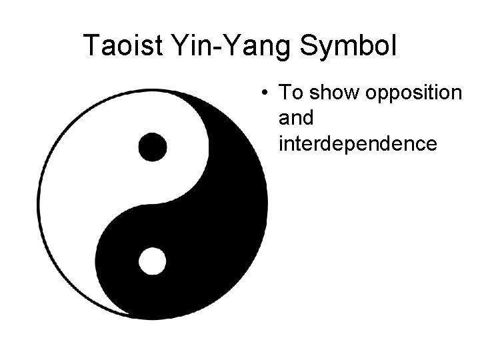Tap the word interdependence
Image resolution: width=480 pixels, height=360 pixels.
[358, 144]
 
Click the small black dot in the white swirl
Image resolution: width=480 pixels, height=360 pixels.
[152, 147]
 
